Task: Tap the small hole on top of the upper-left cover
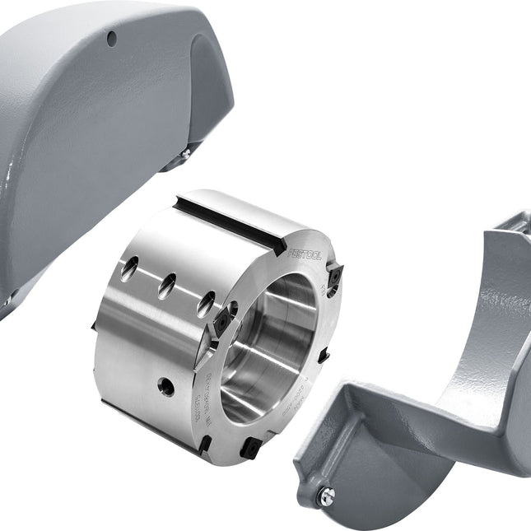tap(110, 35)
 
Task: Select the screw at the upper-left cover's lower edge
tap(186, 153)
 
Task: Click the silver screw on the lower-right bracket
tap(327, 494)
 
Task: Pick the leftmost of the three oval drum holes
tap(129, 268)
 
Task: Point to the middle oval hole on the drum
tap(168, 286)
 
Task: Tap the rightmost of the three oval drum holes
tap(206, 303)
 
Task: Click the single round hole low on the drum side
tap(166, 384)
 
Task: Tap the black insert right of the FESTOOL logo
tap(334, 280)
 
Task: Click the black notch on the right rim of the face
tap(324, 356)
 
